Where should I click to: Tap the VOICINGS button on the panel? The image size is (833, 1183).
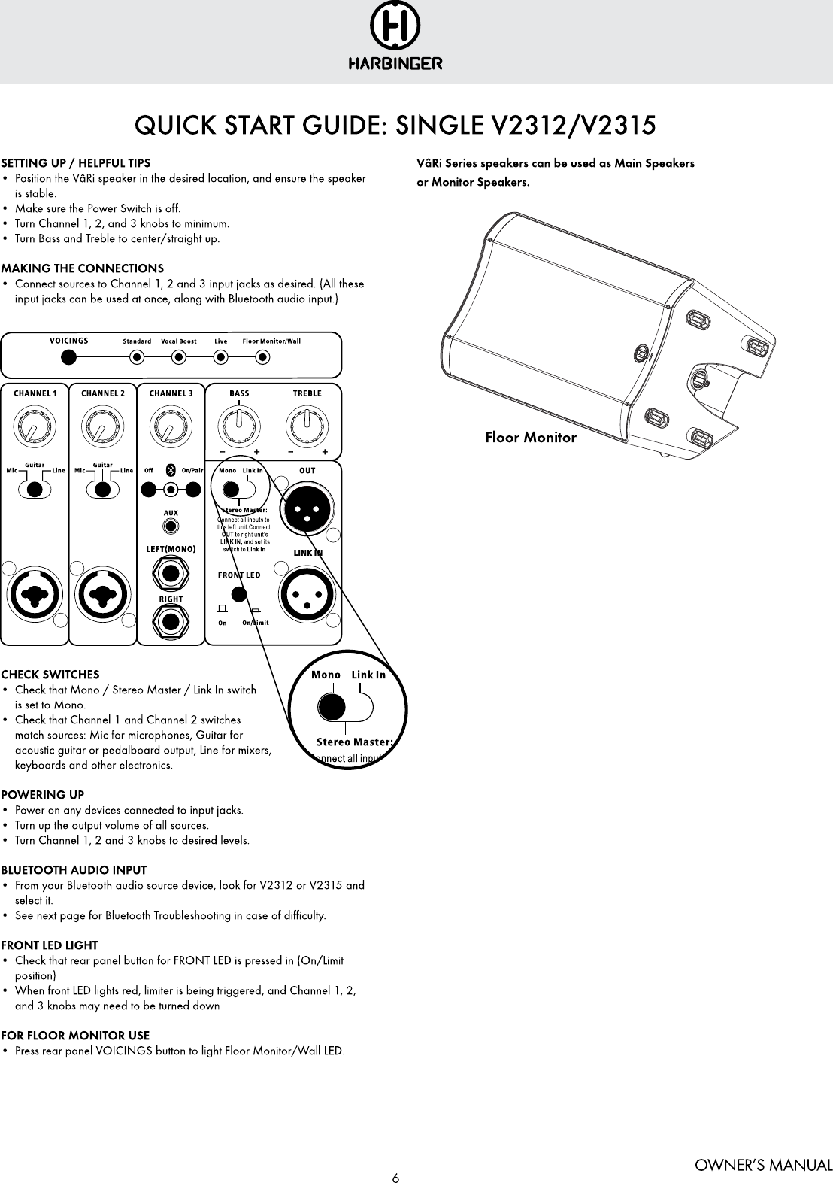(68, 357)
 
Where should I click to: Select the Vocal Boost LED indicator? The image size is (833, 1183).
(178, 357)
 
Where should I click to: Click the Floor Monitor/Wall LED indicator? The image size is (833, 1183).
(263, 357)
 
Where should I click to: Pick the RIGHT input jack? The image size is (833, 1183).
(171, 621)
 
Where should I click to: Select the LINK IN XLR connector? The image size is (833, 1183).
(307, 593)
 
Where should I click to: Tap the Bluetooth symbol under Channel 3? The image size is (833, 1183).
(171, 470)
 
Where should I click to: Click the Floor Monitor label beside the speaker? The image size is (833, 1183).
(531, 437)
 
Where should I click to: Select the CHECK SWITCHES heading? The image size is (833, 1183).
(50, 675)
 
